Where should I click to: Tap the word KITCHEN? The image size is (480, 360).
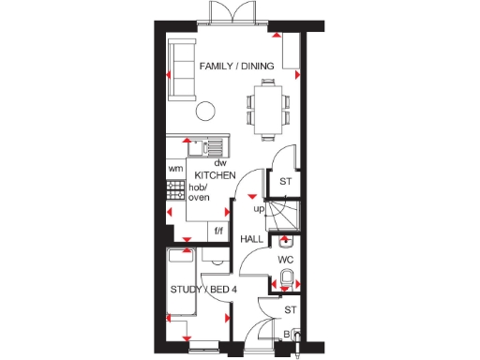(213, 175)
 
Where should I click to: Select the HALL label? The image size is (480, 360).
(251, 239)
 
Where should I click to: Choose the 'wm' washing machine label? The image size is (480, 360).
(174, 169)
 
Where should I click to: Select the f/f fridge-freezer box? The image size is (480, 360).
(219, 231)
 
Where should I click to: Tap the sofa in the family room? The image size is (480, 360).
(182, 69)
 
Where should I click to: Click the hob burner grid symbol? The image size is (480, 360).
(174, 191)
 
